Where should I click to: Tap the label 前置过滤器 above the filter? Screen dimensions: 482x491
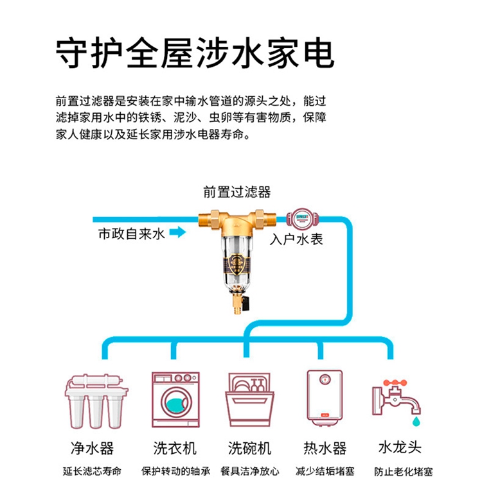pos(237,192)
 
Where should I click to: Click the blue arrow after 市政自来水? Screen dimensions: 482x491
pos(177,234)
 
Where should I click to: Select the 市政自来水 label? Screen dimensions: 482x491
pos(131,234)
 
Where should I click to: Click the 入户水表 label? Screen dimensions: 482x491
pos(296,241)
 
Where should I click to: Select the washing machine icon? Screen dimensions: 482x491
pos(174,399)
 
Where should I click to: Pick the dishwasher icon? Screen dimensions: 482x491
pos(249,400)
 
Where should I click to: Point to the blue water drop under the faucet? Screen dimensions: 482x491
pos(416,421)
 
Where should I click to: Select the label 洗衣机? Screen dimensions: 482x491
pos(174,447)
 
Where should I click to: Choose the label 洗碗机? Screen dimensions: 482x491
pos(249,447)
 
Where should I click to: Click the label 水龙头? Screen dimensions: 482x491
pos(400,447)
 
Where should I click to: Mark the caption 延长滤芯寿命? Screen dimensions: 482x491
pos(92,471)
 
